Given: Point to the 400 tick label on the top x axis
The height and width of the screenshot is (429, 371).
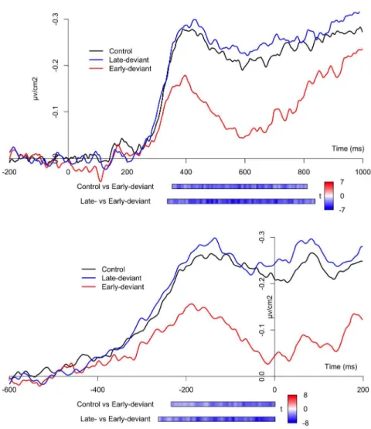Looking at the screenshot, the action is [x=186, y=172].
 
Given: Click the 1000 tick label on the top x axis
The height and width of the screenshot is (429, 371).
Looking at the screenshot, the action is [x=362, y=172].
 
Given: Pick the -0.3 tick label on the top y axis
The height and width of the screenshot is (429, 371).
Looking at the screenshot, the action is [x=56, y=19].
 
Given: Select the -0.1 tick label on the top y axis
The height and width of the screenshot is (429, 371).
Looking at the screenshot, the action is [x=56, y=112].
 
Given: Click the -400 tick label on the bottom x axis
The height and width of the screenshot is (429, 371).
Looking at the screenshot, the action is [x=97, y=390].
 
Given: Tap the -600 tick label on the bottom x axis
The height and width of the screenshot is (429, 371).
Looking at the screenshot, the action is [x=9, y=390].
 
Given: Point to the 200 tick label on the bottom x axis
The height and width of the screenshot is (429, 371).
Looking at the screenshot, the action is [x=362, y=390].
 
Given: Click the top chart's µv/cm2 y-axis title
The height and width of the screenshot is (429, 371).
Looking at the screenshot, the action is [x=36, y=88].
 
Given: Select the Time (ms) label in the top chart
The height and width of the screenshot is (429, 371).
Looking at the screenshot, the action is [x=348, y=149].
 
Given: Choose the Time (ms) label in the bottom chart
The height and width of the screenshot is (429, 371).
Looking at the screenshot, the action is [x=341, y=366].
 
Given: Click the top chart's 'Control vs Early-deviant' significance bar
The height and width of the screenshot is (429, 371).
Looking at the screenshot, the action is [x=240, y=187].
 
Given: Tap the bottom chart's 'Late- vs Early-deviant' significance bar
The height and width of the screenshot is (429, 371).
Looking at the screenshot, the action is [x=216, y=419].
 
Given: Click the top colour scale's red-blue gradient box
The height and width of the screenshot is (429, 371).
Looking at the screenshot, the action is [x=329, y=196].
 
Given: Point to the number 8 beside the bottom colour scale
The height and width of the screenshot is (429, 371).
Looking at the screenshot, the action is [x=305, y=395].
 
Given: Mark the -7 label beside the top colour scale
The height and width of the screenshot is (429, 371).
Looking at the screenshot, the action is [x=342, y=210].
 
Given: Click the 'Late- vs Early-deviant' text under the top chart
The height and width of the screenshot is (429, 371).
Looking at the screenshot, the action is [x=115, y=201].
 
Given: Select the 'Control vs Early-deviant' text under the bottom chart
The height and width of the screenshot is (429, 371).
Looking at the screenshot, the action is [x=115, y=404].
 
